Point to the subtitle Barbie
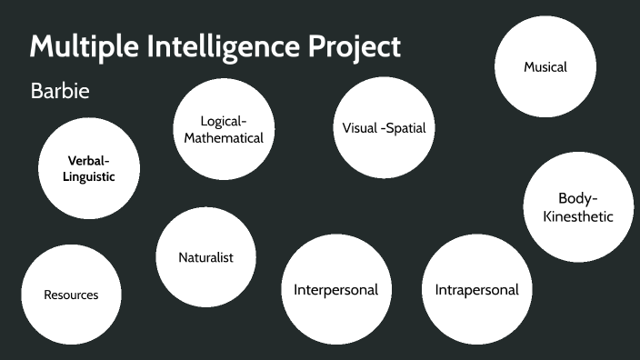pos(59,92)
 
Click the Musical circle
pos(545,67)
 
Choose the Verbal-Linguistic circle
pos(89,168)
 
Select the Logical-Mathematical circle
pos(224,129)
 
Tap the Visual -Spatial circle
pos(384,128)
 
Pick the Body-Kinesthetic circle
pos(578,207)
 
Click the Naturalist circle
pos(205,257)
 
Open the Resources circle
pos(71,295)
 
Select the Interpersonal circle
pos(335,290)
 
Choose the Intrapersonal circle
pos(476,290)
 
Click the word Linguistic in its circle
pos(89,177)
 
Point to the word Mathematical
pos(224,138)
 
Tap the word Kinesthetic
pos(578,216)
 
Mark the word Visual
pos(358,128)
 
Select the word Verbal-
pos(89,160)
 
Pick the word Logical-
pos(224,121)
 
